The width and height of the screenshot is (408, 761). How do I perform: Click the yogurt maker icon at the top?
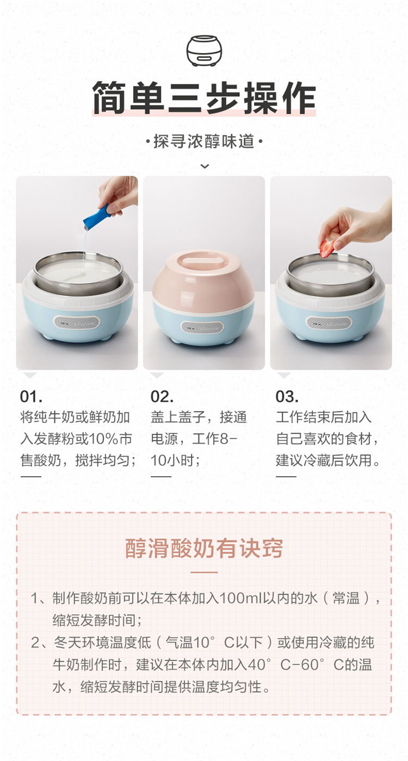coord(204,51)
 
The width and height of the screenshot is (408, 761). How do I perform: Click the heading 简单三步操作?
coord(204,97)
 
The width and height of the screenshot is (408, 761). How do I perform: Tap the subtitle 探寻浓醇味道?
coord(204,141)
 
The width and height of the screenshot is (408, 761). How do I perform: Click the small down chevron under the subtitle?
coord(205,166)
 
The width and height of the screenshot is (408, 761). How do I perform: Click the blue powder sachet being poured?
coord(97,216)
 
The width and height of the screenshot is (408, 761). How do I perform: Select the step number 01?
coord(31,396)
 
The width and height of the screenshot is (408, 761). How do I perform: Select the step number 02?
coord(162,396)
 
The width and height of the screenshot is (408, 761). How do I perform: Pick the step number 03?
coord(287,396)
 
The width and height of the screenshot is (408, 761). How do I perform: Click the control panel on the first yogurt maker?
coord(77,322)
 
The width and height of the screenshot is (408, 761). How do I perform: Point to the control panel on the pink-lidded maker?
coord(202,327)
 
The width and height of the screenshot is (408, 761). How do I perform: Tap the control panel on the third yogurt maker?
coord(329,323)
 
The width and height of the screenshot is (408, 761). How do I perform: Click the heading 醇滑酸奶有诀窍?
coord(204,548)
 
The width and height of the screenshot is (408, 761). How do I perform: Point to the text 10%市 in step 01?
coord(110,439)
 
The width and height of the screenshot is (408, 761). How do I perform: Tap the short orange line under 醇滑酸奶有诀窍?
coord(204,572)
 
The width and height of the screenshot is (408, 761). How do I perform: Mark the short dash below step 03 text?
coord(286,476)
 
